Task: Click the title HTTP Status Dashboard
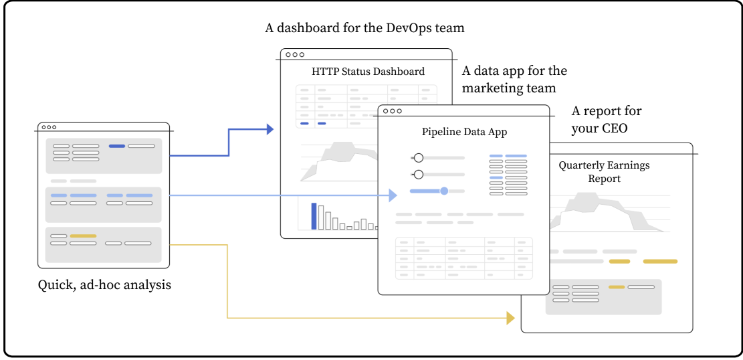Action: (x=368, y=72)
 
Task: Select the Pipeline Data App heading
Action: (x=464, y=132)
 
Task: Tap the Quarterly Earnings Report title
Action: (x=604, y=172)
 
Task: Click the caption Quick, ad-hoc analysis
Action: (x=104, y=285)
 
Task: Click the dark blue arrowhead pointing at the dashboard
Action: (x=270, y=129)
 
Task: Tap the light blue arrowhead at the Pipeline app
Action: (x=394, y=195)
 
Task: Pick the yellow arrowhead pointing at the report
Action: (x=510, y=318)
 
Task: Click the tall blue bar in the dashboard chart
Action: (x=314, y=216)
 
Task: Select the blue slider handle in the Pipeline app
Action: (x=444, y=191)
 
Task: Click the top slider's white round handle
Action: (x=419, y=158)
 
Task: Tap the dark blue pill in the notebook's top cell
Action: (x=116, y=146)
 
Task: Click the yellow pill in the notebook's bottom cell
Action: (x=83, y=236)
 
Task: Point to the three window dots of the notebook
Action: (x=49, y=127)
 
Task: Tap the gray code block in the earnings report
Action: (x=603, y=296)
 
